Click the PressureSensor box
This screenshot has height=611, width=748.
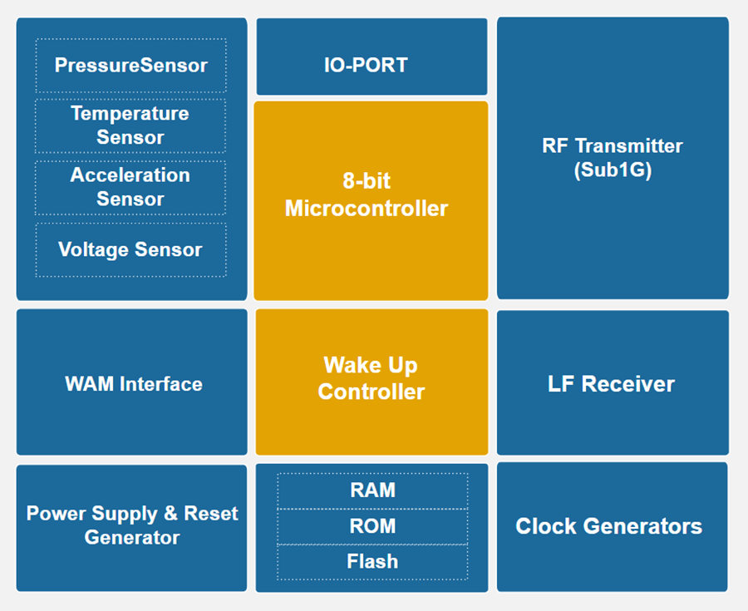tap(130, 65)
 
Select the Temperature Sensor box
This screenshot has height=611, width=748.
tap(130, 126)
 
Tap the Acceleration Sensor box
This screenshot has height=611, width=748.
tap(130, 187)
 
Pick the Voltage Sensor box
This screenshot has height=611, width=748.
tap(130, 249)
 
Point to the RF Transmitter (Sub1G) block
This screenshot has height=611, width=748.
tap(613, 158)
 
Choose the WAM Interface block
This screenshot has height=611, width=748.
tap(132, 382)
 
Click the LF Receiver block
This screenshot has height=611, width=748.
tap(613, 383)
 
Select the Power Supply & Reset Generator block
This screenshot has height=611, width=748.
tap(132, 527)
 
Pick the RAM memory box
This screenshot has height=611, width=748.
tap(372, 490)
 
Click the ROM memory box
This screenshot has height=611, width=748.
tap(372, 526)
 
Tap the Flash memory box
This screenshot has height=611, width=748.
tap(372, 562)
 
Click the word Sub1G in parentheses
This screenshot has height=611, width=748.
tap(613, 171)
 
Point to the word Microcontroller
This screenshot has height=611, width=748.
tap(367, 209)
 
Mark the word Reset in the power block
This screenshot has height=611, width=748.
tap(211, 514)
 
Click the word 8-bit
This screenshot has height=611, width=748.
tap(367, 181)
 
